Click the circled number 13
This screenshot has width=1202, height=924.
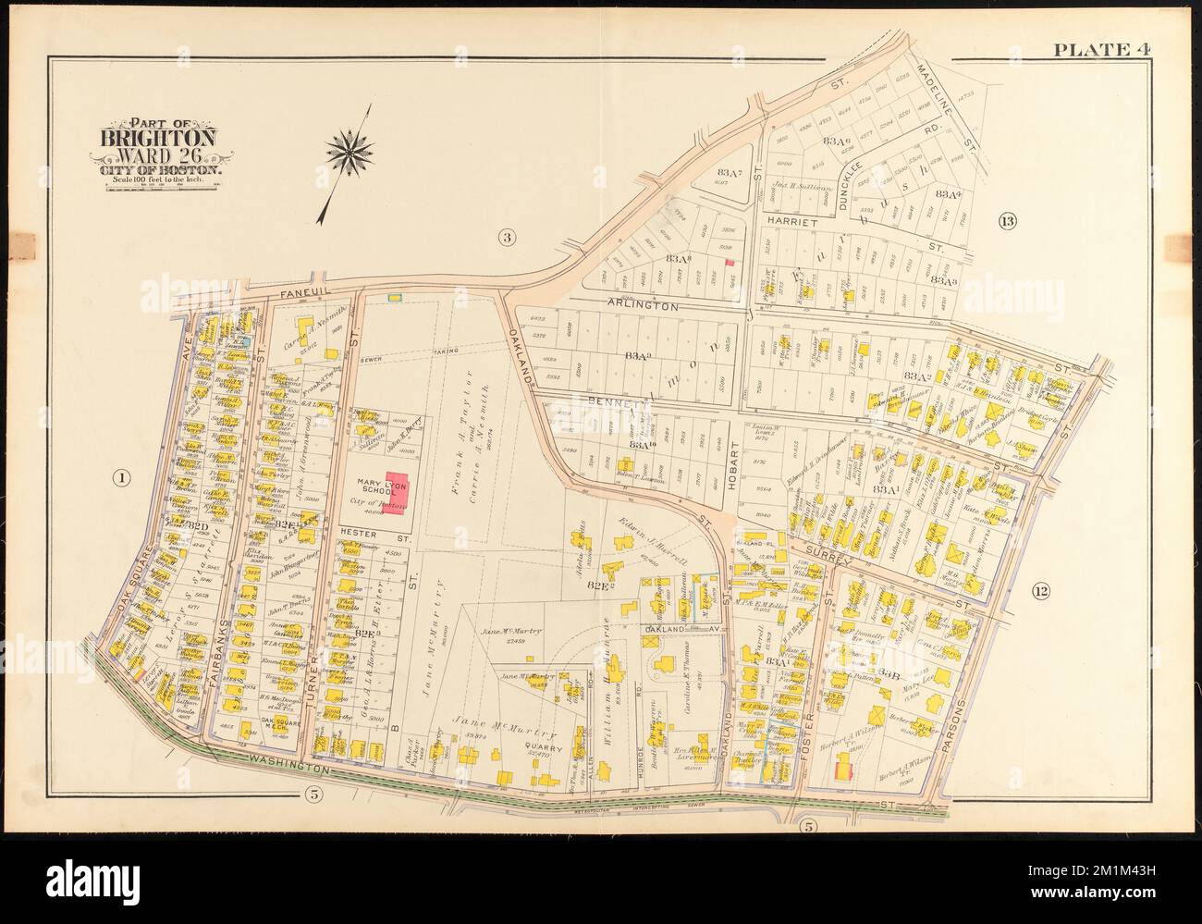1007,220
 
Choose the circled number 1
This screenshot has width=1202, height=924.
119,477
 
